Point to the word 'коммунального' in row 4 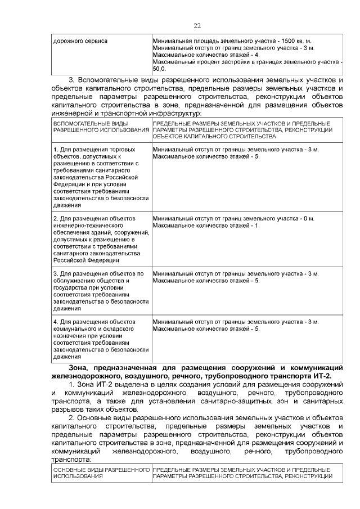point(76,328)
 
